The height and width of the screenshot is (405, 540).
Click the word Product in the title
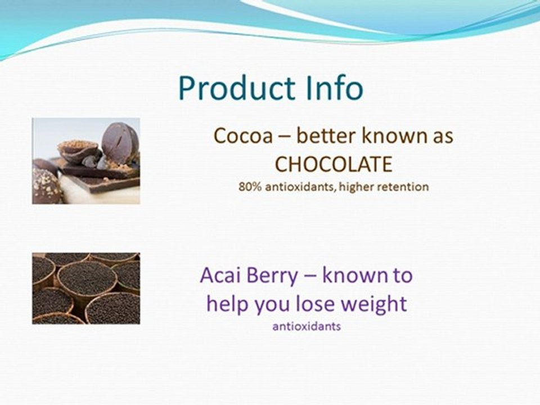pos(234,88)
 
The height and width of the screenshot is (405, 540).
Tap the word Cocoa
pos(244,136)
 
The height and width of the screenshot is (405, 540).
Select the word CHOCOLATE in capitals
pos(333,164)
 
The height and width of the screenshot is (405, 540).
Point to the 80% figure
pos(249,187)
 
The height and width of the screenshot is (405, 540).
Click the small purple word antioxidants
pos(307,326)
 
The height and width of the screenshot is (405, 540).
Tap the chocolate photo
pos(86,160)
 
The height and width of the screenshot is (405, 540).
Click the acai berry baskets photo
pos(86,288)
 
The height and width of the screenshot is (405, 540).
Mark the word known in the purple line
pos(352,276)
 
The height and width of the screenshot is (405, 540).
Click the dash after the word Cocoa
pos(285,137)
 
